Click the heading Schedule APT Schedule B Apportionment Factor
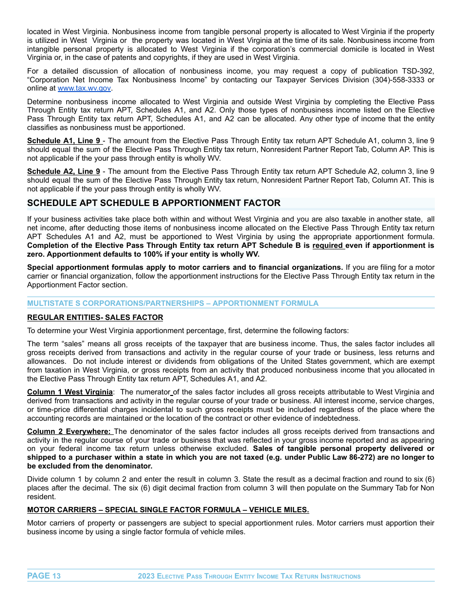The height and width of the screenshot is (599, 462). pyautogui.click(x=154, y=203)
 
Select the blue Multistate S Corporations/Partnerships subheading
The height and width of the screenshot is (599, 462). pyautogui.click(x=173, y=303)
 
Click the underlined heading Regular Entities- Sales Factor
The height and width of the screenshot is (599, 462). pyautogui.click(x=95, y=318)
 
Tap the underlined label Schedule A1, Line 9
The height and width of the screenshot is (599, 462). pyautogui.click(x=64, y=141)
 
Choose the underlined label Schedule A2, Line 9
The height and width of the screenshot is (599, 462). pyautogui.click(x=64, y=171)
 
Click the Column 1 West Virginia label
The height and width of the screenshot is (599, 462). pyautogui.click(x=70, y=392)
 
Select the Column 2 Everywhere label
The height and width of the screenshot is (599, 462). pyautogui.click(x=70, y=431)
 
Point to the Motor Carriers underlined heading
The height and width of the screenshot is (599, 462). pyautogui.click(x=168, y=510)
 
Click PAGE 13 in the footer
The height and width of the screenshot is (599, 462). pyautogui.click(x=44, y=576)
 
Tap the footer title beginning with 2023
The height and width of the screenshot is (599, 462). pyautogui.click(x=249, y=577)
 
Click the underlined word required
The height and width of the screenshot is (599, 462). pyautogui.click(x=328, y=246)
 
